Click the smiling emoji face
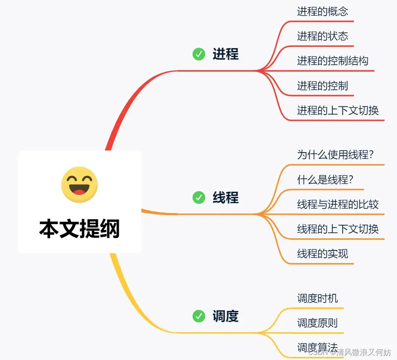(x=79, y=185)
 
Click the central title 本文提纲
(x=79, y=229)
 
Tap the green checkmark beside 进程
(x=199, y=54)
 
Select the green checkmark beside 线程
(x=199, y=198)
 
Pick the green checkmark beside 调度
(x=199, y=316)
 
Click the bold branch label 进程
(x=226, y=54)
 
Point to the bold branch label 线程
(x=226, y=198)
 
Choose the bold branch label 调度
(x=226, y=316)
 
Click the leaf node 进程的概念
(x=322, y=11)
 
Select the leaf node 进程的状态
(x=322, y=36)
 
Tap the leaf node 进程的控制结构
(x=332, y=61)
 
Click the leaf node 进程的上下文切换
(x=337, y=110)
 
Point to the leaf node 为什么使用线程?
(x=335, y=155)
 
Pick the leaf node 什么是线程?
(x=325, y=180)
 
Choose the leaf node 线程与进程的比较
(x=337, y=204)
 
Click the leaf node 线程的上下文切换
(x=337, y=229)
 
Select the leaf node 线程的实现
(x=322, y=254)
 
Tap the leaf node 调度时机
(x=317, y=299)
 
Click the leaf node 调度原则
(x=317, y=323)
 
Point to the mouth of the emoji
(x=79, y=191)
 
